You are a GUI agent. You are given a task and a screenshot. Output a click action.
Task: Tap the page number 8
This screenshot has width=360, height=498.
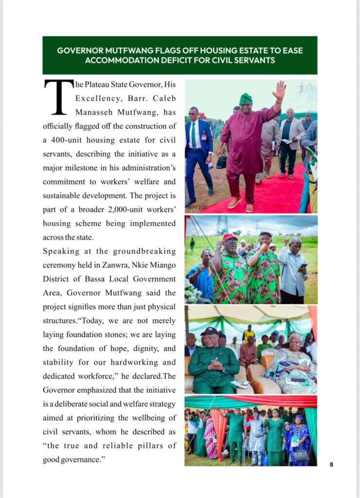point(331,464)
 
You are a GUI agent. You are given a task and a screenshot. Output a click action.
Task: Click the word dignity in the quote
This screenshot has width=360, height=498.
point(143,348)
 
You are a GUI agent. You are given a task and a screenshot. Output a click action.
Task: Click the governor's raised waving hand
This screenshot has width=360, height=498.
point(279,90)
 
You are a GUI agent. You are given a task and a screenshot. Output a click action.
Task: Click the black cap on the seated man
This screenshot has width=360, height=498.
point(210,331)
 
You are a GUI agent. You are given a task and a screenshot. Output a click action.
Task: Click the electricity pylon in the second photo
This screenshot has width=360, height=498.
point(222,225)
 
